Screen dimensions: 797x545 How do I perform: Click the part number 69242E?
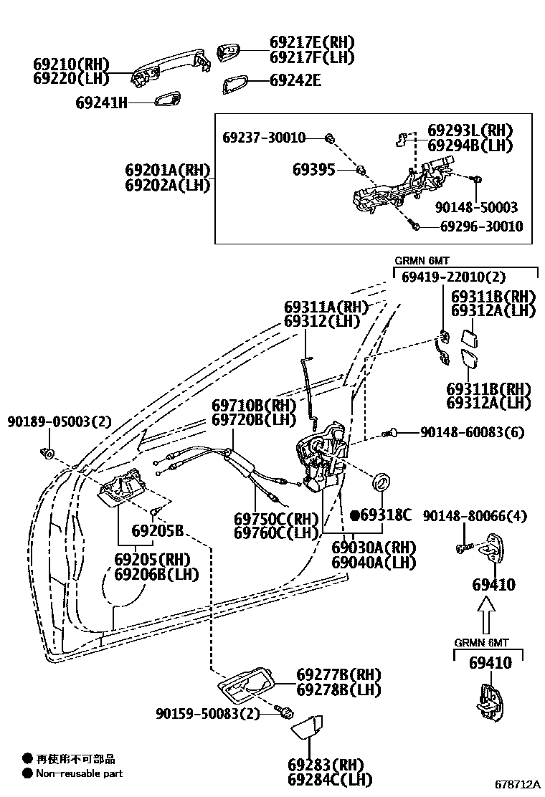(x=295, y=81)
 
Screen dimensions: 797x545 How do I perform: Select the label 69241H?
(x=101, y=102)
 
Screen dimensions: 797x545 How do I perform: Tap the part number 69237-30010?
(x=263, y=137)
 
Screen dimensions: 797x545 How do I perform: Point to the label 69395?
(x=313, y=169)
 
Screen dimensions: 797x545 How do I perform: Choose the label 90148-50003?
(x=476, y=208)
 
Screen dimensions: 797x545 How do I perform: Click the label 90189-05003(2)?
(x=60, y=421)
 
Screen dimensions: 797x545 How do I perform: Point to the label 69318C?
(x=385, y=515)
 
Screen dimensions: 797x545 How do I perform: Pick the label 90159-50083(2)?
(x=208, y=714)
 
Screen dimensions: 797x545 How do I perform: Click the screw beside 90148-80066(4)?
(x=463, y=548)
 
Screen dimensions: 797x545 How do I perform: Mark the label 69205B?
(x=157, y=531)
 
